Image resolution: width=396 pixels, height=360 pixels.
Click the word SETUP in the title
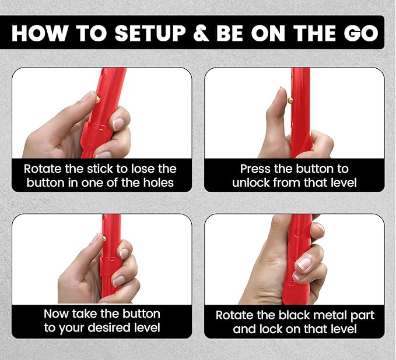(x=150, y=33)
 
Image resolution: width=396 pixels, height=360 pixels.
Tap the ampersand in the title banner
(x=201, y=33)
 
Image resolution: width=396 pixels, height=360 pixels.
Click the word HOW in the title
(x=40, y=33)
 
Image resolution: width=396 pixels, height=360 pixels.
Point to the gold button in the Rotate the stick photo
(x=97, y=100)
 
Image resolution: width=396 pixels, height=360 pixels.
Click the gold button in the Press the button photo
(x=290, y=101)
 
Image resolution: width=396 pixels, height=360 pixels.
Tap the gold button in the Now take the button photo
(x=104, y=238)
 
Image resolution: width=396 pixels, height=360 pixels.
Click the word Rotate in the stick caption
(x=43, y=169)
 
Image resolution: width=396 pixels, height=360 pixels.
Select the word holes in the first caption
(x=159, y=183)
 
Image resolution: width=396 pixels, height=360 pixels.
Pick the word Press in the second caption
(x=255, y=169)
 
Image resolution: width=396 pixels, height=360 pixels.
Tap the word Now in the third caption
(x=57, y=314)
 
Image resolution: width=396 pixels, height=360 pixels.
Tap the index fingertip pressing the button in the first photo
(x=89, y=96)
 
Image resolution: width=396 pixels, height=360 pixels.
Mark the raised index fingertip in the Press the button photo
(x=282, y=92)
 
